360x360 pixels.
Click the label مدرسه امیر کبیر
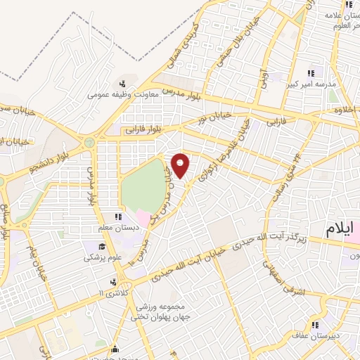(314, 84)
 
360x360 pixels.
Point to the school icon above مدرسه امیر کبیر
(311, 72)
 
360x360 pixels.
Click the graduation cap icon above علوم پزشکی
(103, 247)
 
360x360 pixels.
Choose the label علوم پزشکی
(103, 257)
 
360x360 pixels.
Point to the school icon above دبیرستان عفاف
(316, 325)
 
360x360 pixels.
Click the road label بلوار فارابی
(145, 129)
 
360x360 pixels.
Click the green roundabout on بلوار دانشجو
(89, 143)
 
